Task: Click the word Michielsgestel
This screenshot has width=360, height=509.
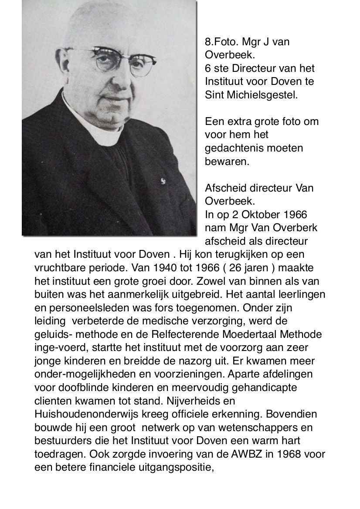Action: pyautogui.click(x=262, y=95)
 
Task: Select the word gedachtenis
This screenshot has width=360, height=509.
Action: pyautogui.click(x=232, y=148)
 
